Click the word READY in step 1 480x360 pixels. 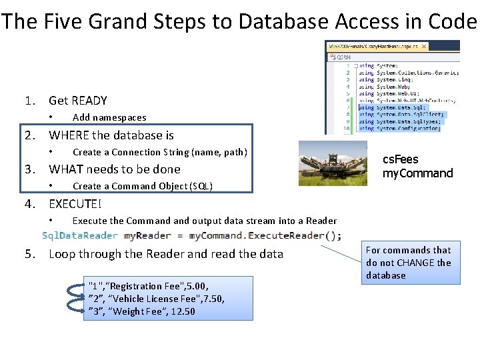pos(87,101)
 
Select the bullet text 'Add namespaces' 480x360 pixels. pos(109,118)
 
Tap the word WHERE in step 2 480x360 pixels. pos(69,135)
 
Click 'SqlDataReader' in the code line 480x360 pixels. pos(80,235)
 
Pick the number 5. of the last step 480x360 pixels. pos(30,254)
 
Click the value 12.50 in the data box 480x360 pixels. pos(182,312)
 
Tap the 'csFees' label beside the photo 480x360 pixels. pos(400,160)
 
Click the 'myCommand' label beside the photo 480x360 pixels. pos(417,173)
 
